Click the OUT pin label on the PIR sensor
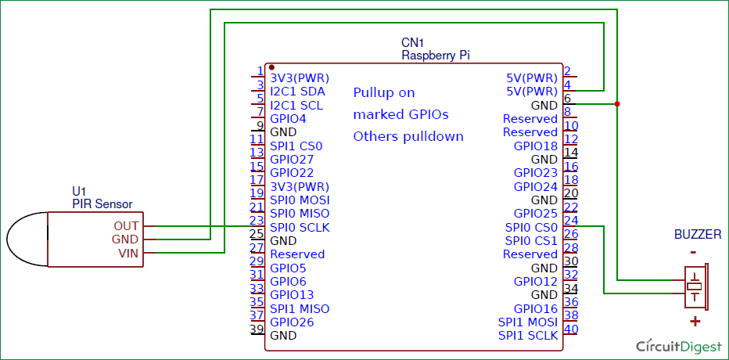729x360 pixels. [126, 225]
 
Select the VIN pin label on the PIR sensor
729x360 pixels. [127, 253]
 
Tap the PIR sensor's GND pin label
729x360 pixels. [125, 239]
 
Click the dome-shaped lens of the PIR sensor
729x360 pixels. [27, 239]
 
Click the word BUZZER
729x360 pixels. [698, 236]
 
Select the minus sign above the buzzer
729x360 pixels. [693, 252]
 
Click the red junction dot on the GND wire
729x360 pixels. [617, 104]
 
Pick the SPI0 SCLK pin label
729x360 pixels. [300, 227]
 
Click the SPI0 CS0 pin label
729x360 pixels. [531, 227]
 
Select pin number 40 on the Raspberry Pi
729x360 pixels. [570, 329]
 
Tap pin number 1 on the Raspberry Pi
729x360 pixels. [260, 71]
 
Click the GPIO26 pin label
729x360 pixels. [292, 322]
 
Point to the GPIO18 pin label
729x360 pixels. [535, 146]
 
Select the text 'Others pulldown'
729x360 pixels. [408, 136]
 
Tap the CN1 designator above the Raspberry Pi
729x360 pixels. [412, 43]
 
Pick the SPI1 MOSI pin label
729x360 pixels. [528, 322]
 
